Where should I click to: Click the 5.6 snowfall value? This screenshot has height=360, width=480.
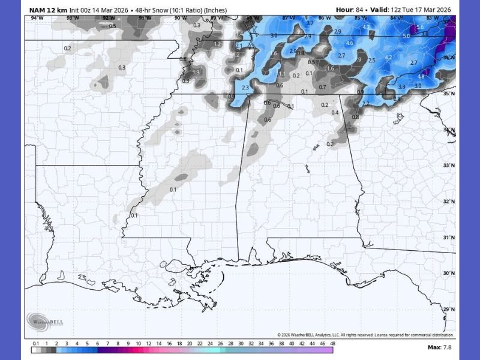click(x=419, y=27)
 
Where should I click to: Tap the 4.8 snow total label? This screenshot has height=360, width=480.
click(x=421, y=77)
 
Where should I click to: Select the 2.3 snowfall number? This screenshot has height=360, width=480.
click(x=245, y=88)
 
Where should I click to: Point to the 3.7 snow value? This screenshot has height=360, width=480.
click(x=310, y=23)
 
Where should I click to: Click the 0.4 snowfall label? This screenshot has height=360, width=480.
click(x=335, y=113)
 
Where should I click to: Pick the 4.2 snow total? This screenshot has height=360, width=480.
click(x=388, y=58)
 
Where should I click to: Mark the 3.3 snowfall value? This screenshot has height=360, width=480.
click(x=401, y=87)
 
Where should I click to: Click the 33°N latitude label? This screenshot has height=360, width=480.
click(x=448, y=166)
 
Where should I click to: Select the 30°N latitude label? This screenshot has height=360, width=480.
click(x=448, y=274)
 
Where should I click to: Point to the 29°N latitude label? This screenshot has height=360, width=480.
click(x=448, y=309)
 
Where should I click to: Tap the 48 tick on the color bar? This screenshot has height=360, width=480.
click(x=332, y=343)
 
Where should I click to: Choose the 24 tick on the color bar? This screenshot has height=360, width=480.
click(x=210, y=343)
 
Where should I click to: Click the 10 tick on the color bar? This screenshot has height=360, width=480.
click(x=139, y=343)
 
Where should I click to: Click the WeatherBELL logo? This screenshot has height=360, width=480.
click(x=44, y=322)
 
